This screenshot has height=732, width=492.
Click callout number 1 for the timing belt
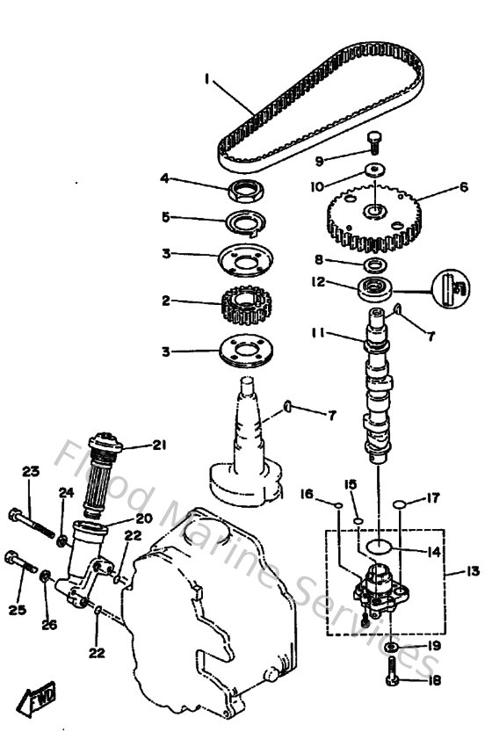(206, 79)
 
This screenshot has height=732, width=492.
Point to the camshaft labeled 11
(376, 387)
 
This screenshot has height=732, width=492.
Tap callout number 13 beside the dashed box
(473, 571)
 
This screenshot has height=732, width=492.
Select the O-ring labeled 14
(378, 547)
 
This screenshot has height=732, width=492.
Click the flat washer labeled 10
(374, 170)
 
